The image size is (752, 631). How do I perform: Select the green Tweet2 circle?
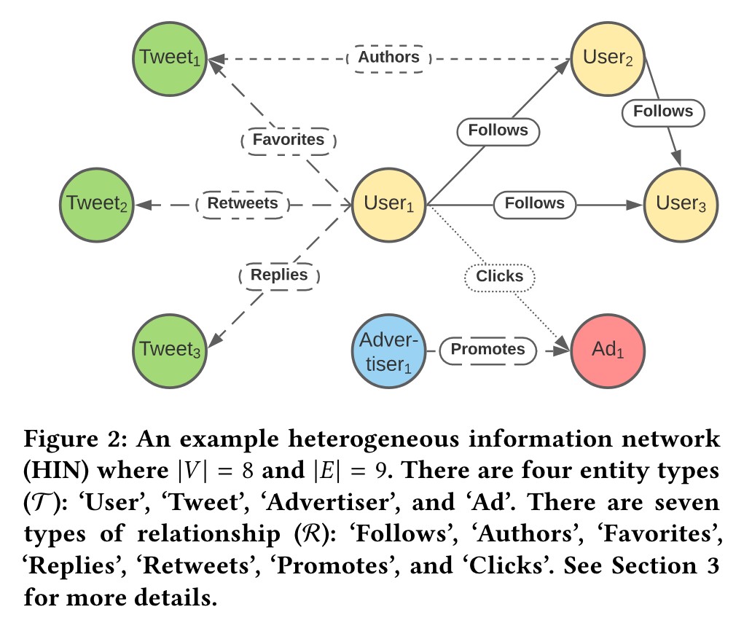(98, 204)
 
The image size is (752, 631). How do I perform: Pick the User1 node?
(389, 205)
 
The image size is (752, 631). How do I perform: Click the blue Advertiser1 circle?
(389, 350)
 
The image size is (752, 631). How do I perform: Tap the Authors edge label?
(389, 57)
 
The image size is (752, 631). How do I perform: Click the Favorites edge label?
(289, 139)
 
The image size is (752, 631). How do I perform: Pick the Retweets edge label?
(243, 203)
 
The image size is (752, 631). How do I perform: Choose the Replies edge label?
(279, 275)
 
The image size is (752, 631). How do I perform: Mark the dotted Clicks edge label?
(500, 276)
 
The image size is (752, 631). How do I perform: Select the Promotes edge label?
(487, 349)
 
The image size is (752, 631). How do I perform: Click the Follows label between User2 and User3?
(662, 111)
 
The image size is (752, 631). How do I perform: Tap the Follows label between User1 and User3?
(535, 203)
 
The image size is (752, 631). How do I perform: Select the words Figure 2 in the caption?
(70, 441)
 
